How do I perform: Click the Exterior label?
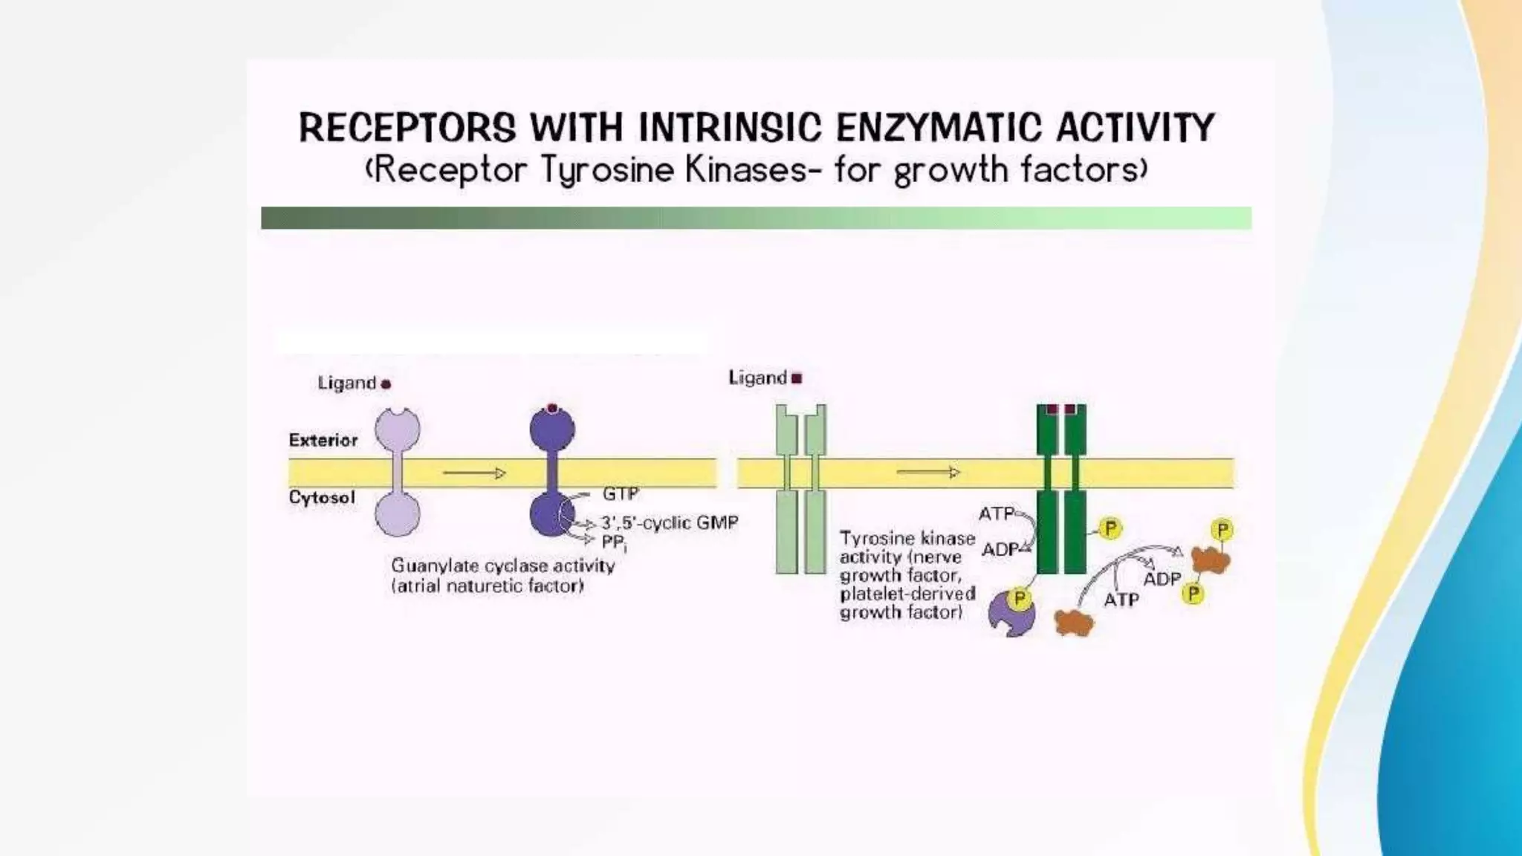click(x=323, y=440)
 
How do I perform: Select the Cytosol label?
click(x=322, y=497)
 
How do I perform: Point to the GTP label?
click(x=621, y=493)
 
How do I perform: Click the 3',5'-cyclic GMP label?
click(x=670, y=522)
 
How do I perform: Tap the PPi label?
click(x=614, y=542)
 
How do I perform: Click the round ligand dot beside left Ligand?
click(x=386, y=384)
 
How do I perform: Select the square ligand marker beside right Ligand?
click(x=797, y=378)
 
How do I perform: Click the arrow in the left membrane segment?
click(x=474, y=473)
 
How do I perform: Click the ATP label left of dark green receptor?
click(x=996, y=513)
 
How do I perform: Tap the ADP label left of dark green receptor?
click(x=1000, y=550)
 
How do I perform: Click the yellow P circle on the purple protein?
click(x=1020, y=599)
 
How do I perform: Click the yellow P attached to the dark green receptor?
click(x=1110, y=528)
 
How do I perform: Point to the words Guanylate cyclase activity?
click(x=503, y=565)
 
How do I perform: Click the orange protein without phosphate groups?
click(x=1073, y=623)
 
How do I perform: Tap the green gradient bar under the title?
click(x=756, y=218)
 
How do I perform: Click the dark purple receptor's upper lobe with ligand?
click(x=551, y=429)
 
